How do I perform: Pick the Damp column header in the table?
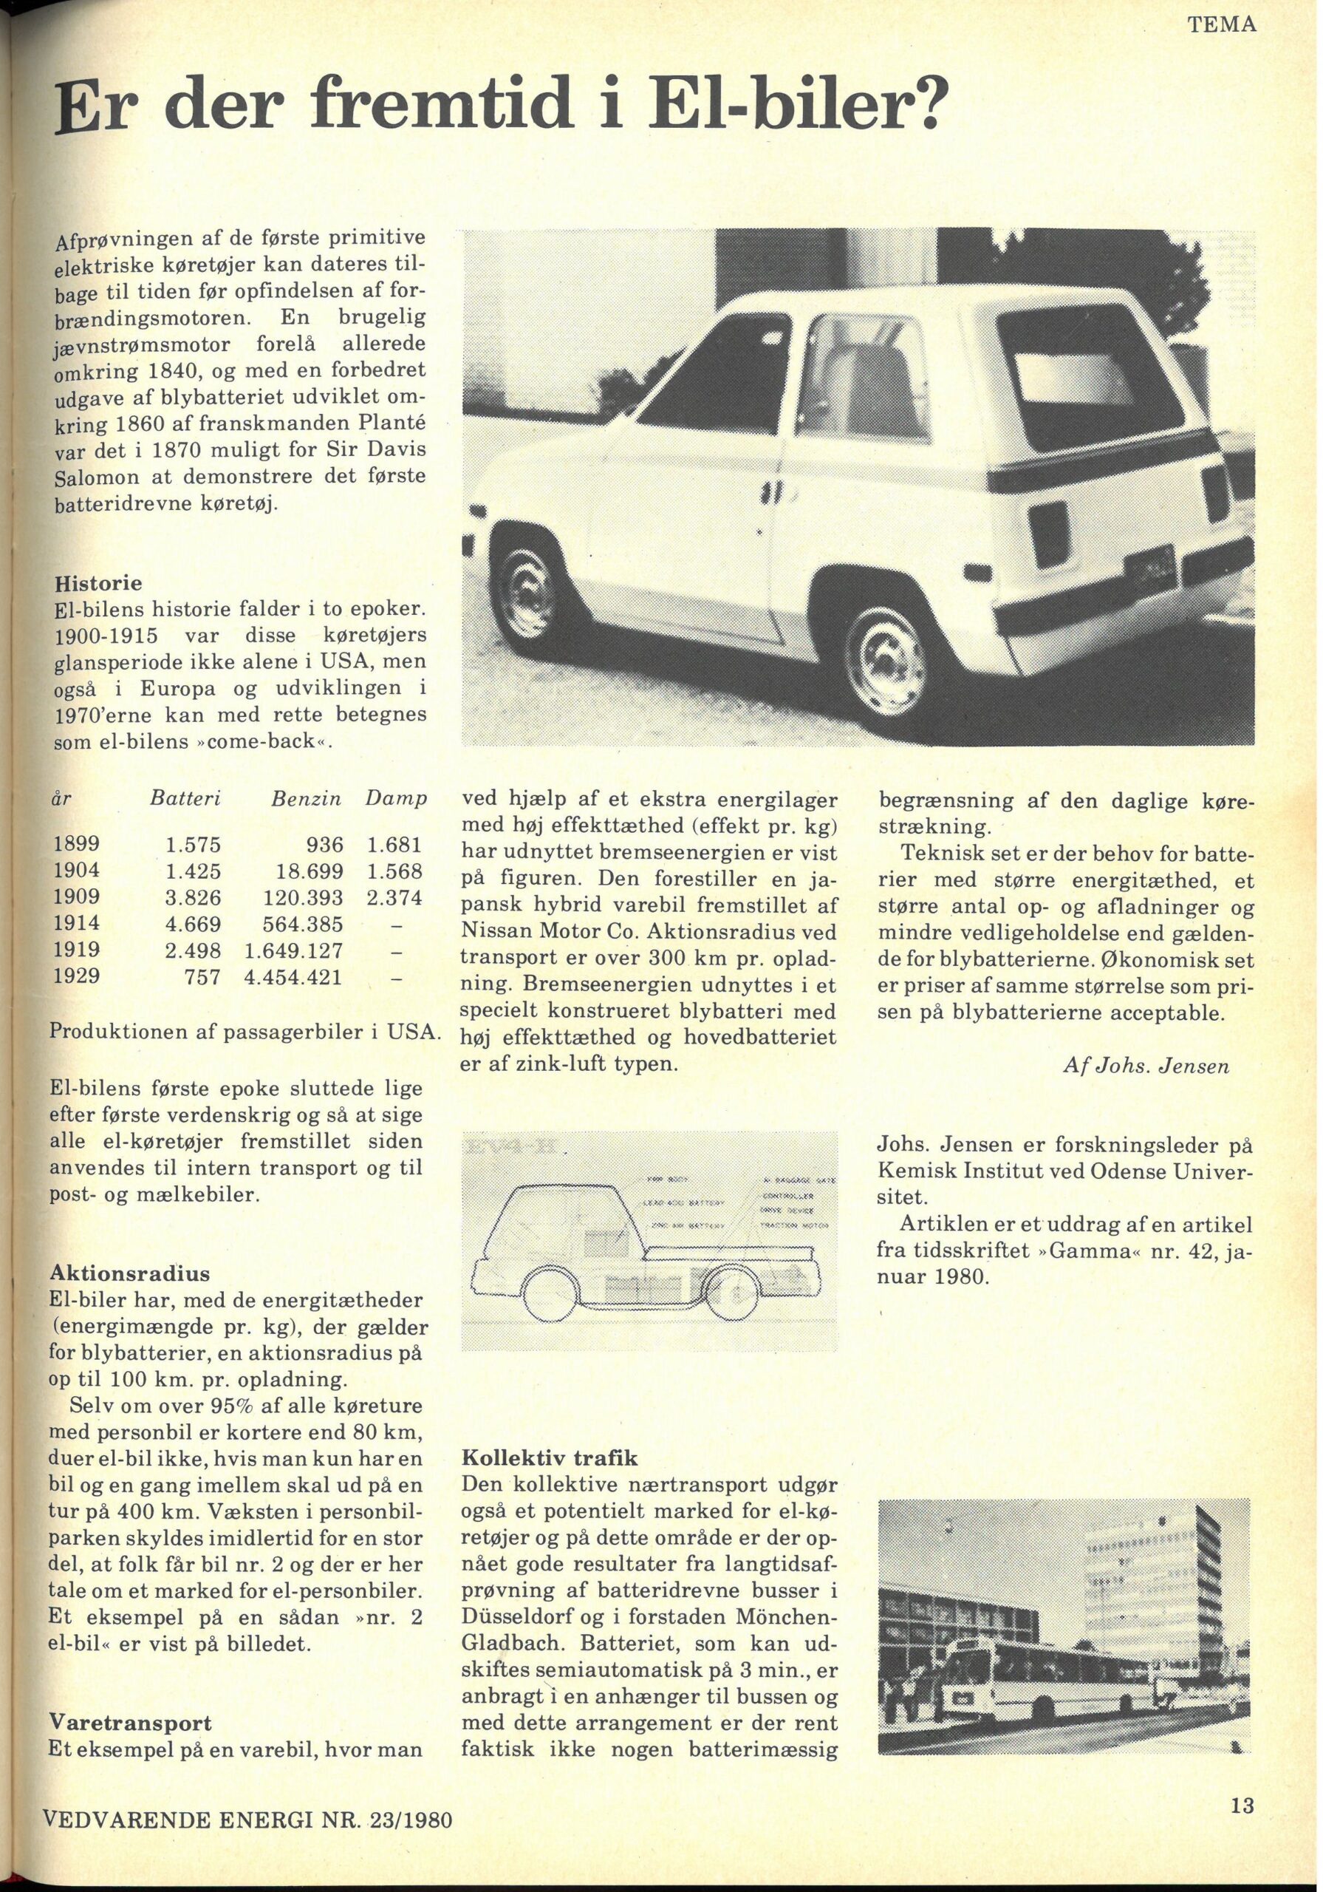[x=396, y=797]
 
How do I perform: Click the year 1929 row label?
[x=77, y=976]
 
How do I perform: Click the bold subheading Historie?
[x=98, y=582]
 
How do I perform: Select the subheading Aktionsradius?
[x=129, y=1273]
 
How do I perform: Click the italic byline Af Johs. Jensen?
[x=1146, y=1066]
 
